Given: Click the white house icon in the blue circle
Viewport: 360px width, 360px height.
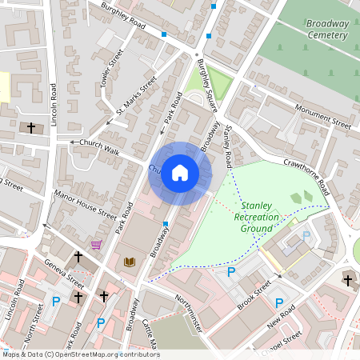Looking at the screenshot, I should point(180,172).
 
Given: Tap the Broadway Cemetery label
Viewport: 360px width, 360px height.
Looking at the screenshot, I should point(328,30).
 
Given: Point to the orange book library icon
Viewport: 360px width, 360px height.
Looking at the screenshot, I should point(130,262).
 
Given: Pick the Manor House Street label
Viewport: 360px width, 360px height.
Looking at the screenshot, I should point(84,203).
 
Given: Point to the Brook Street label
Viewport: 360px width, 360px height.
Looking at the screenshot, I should point(254,294).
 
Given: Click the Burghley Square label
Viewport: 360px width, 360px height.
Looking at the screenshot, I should point(206,87).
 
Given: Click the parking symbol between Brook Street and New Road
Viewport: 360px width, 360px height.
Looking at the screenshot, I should point(278,303).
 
